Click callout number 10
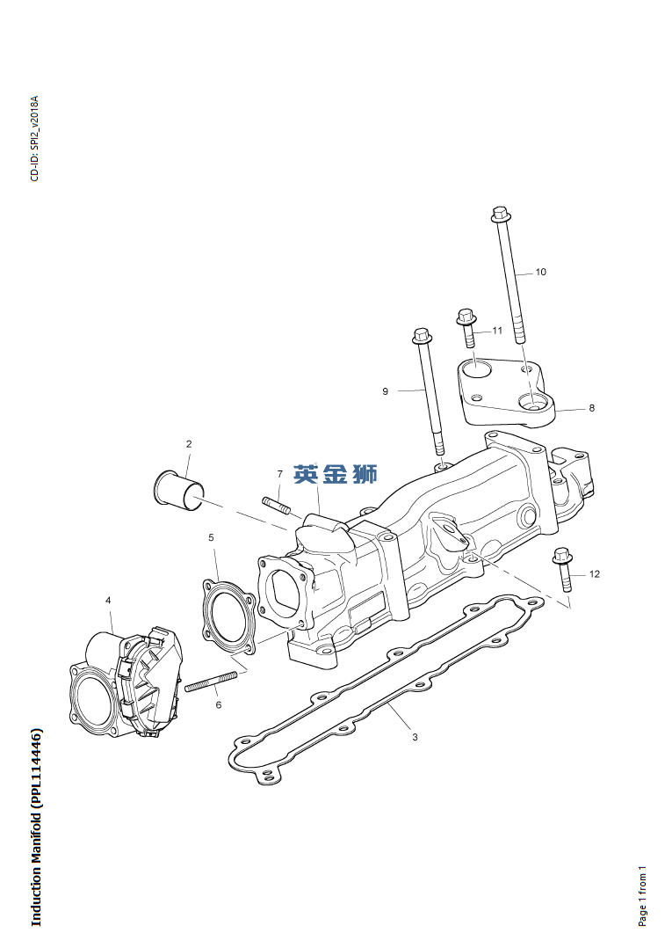(x=540, y=272)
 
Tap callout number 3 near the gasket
(x=415, y=737)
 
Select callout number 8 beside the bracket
(x=592, y=408)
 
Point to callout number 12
(x=594, y=573)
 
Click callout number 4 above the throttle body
(x=108, y=601)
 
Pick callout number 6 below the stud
(x=219, y=705)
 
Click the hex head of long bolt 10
(x=499, y=214)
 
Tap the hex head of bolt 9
(x=421, y=334)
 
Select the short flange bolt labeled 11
(x=466, y=328)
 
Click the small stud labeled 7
(x=276, y=504)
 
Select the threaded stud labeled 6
(x=212, y=682)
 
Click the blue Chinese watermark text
(x=335, y=474)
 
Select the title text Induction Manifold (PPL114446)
(x=37, y=829)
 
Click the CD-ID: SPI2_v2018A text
(x=34, y=138)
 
